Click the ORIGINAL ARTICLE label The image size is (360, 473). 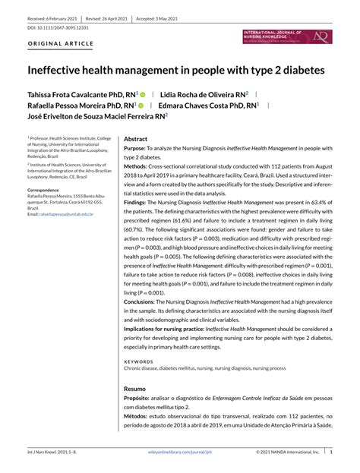point(61,44)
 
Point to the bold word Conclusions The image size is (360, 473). point(142,301)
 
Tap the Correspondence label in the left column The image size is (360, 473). point(46,189)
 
